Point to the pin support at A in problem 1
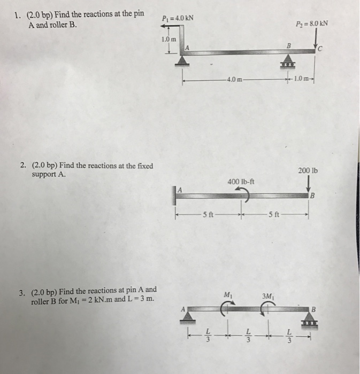coord(182,60)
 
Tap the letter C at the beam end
coord(320,50)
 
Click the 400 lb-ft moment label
coord(241,181)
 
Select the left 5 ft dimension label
coord(208,216)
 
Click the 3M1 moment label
coord(268,295)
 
